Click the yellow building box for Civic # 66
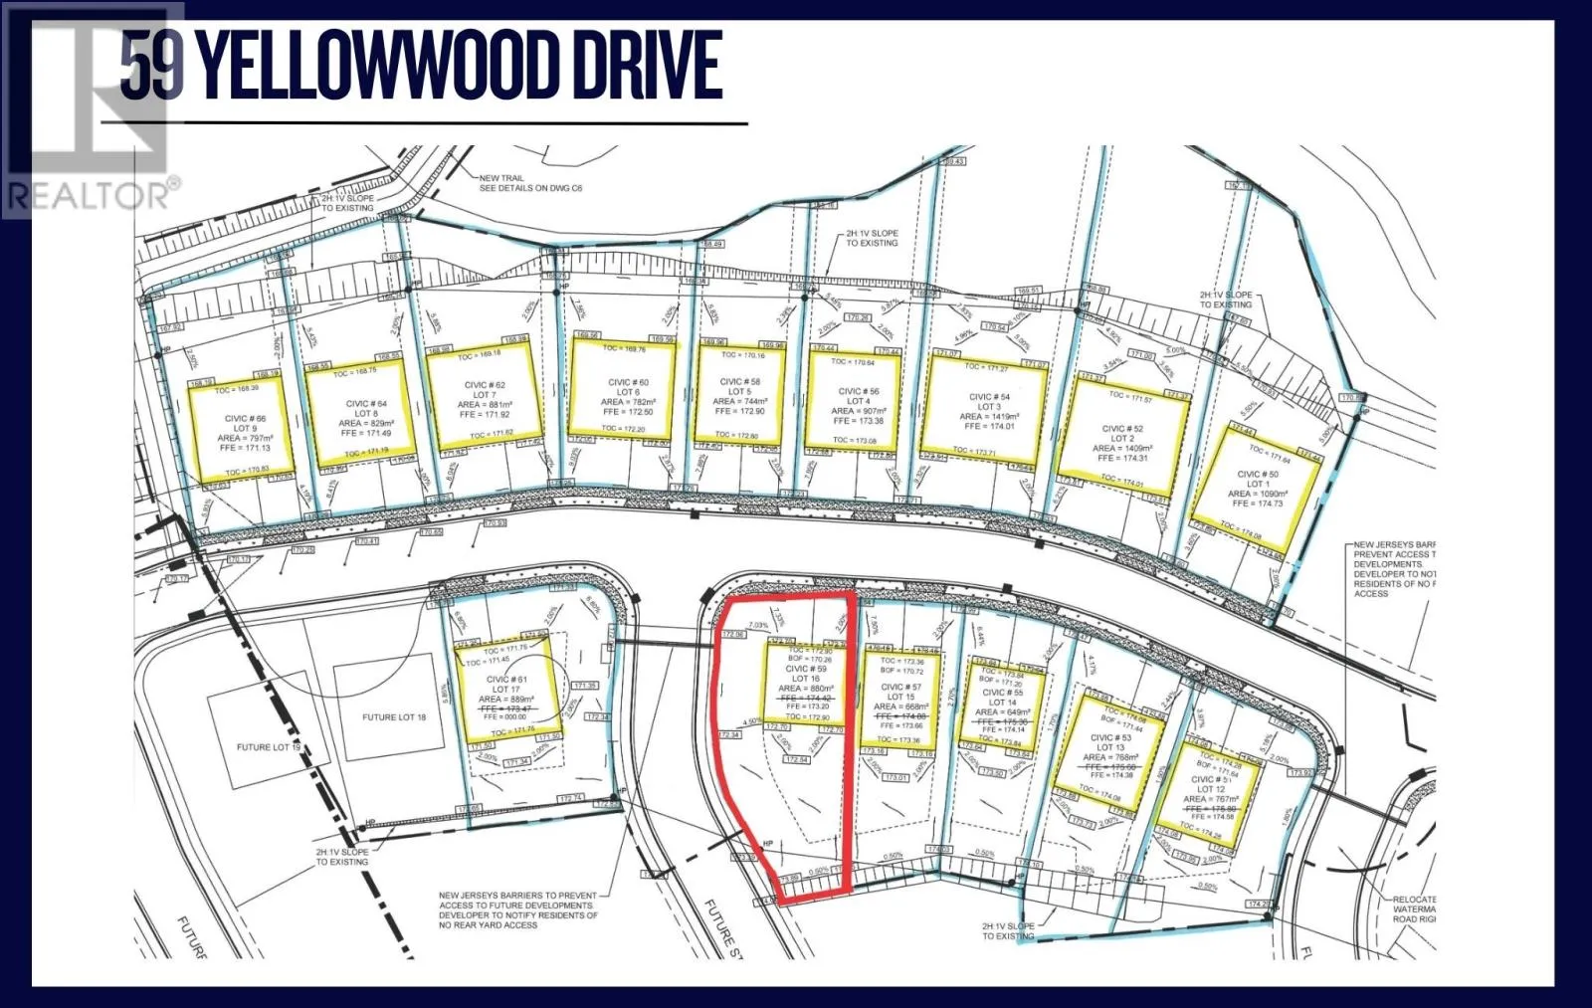[x=242, y=430]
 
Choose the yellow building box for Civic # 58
[x=741, y=394]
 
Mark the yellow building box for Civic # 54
[x=984, y=408]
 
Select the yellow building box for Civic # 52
[x=1122, y=429]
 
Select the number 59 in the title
[x=151, y=66]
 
